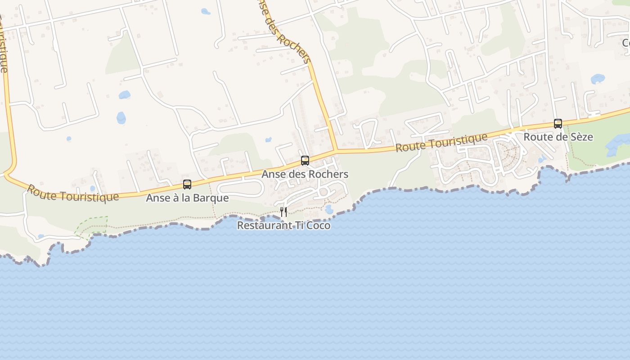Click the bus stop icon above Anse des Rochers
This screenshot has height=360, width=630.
(x=305, y=161)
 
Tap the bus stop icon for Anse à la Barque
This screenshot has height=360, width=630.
(x=187, y=184)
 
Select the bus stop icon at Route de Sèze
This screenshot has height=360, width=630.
(x=558, y=124)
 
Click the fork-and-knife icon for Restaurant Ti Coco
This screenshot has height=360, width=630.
(x=283, y=212)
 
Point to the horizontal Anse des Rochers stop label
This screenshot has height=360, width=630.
(x=305, y=174)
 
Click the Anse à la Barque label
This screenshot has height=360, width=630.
(x=187, y=198)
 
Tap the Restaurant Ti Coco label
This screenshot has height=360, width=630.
(x=283, y=225)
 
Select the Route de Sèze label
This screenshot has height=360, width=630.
(x=558, y=137)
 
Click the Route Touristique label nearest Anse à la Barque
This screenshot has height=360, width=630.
(x=72, y=193)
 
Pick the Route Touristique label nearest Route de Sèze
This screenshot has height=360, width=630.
(x=441, y=143)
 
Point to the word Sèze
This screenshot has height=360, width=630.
(x=581, y=137)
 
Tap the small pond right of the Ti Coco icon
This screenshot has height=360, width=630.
(x=329, y=210)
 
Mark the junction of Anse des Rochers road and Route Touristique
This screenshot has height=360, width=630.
(x=336, y=150)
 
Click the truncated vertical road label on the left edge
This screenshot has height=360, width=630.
(x=3, y=45)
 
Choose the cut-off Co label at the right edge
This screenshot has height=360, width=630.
(x=625, y=43)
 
